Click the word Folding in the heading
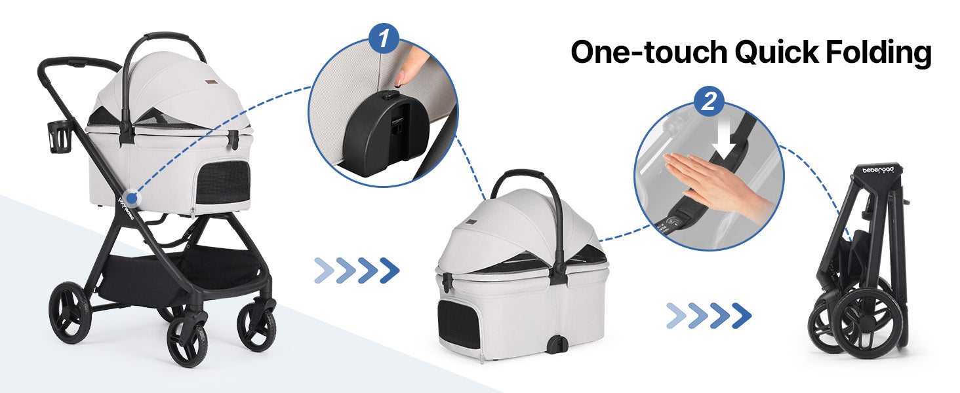(x=878, y=53)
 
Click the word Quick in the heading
(x=777, y=52)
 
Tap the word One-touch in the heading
(x=649, y=52)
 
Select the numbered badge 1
(x=384, y=38)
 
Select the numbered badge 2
(x=709, y=102)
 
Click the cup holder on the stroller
(x=59, y=137)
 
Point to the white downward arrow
(x=724, y=137)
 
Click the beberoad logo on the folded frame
(x=878, y=170)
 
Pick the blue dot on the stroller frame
(x=132, y=198)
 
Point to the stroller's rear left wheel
(x=70, y=312)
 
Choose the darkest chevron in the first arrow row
(x=390, y=271)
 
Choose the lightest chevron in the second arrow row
(x=676, y=316)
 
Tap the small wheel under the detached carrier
(x=558, y=345)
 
